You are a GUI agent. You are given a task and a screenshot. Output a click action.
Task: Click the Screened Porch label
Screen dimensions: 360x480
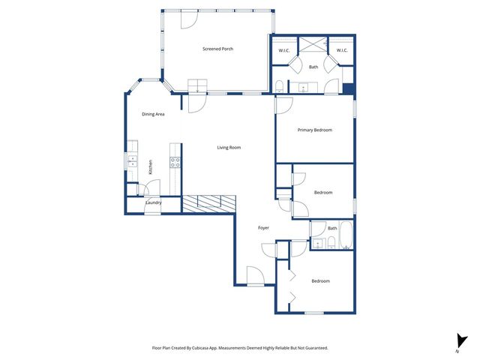[217, 49]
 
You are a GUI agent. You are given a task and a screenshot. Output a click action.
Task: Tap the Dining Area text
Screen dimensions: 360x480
[153, 114]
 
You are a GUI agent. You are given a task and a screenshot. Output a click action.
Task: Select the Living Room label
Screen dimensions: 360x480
[229, 147]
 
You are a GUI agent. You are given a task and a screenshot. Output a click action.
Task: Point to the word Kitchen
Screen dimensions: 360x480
[150, 166]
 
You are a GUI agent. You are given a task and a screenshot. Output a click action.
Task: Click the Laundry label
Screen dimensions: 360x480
[153, 202]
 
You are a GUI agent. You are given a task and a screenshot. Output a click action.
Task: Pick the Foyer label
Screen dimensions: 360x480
[263, 227]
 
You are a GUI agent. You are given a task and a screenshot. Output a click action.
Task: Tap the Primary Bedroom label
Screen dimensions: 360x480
[314, 130]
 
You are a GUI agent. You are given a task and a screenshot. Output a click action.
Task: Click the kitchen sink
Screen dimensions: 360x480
[133, 160]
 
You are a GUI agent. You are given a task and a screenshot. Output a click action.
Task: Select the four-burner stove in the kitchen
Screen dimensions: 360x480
[175, 160]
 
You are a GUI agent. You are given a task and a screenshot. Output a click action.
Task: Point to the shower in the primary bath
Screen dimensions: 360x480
[314, 43]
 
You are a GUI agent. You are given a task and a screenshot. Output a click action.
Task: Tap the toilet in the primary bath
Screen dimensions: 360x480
[279, 84]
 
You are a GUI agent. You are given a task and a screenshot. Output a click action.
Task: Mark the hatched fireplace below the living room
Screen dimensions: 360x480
[209, 202]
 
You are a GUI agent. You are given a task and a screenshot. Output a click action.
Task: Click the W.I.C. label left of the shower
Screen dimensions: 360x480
[284, 50]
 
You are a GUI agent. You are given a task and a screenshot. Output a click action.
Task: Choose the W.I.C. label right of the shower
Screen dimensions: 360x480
[341, 50]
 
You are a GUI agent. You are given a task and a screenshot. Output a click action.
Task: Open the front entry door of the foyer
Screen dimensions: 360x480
[255, 277]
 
